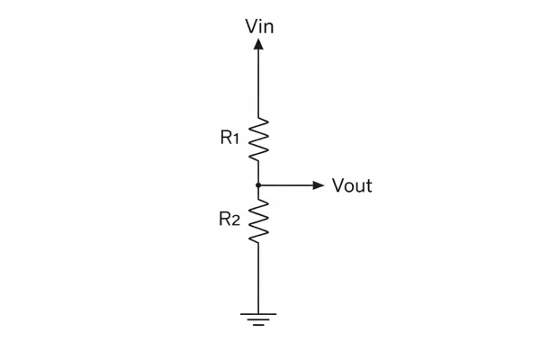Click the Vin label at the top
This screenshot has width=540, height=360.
[259, 26]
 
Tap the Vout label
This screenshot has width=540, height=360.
[352, 186]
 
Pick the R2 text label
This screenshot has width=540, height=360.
[229, 219]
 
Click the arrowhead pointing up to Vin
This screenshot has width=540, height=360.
[259, 44]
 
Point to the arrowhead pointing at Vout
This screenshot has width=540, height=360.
[318, 185]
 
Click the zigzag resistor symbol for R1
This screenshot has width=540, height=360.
[259, 139]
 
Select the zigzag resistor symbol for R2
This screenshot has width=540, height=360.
[259, 220]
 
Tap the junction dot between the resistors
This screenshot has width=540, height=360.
[259, 185]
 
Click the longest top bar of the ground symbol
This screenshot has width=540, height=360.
[259, 314]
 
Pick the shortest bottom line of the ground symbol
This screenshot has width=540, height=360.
[259, 325]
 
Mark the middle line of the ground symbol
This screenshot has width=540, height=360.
[259, 319]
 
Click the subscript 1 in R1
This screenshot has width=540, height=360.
[236, 139]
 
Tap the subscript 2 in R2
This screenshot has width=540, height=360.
[236, 220]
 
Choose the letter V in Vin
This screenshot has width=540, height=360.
[251, 26]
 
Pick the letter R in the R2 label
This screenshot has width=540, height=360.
[224, 219]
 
